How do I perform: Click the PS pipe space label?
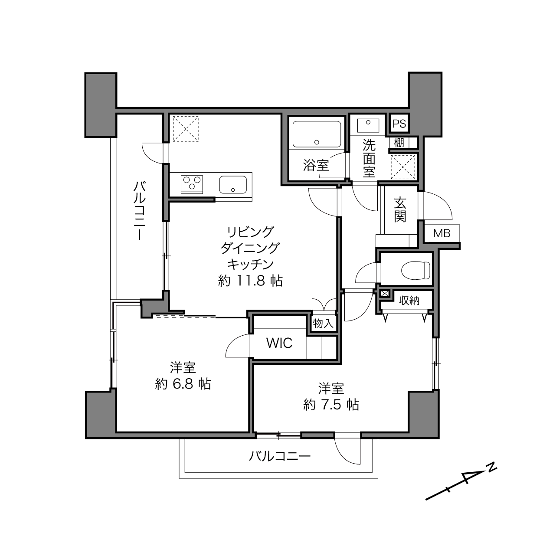click(399, 124)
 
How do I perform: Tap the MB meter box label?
click(442, 233)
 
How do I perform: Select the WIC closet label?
click(279, 343)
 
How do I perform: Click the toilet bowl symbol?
click(415, 271)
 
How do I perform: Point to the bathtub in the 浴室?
click(317, 134)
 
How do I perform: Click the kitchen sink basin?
click(233, 185)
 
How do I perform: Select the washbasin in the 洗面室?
click(368, 125)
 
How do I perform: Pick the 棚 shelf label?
click(399, 143)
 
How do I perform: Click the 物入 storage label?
click(323, 323)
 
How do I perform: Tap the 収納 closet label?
click(409, 301)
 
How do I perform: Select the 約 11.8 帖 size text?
click(250, 281)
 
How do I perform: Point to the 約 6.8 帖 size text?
click(183, 384)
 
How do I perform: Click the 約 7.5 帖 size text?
click(331, 405)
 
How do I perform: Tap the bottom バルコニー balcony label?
click(280, 456)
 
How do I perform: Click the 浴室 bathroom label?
click(316, 165)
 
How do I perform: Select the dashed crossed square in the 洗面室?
click(403, 167)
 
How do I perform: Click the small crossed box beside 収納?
click(384, 293)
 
